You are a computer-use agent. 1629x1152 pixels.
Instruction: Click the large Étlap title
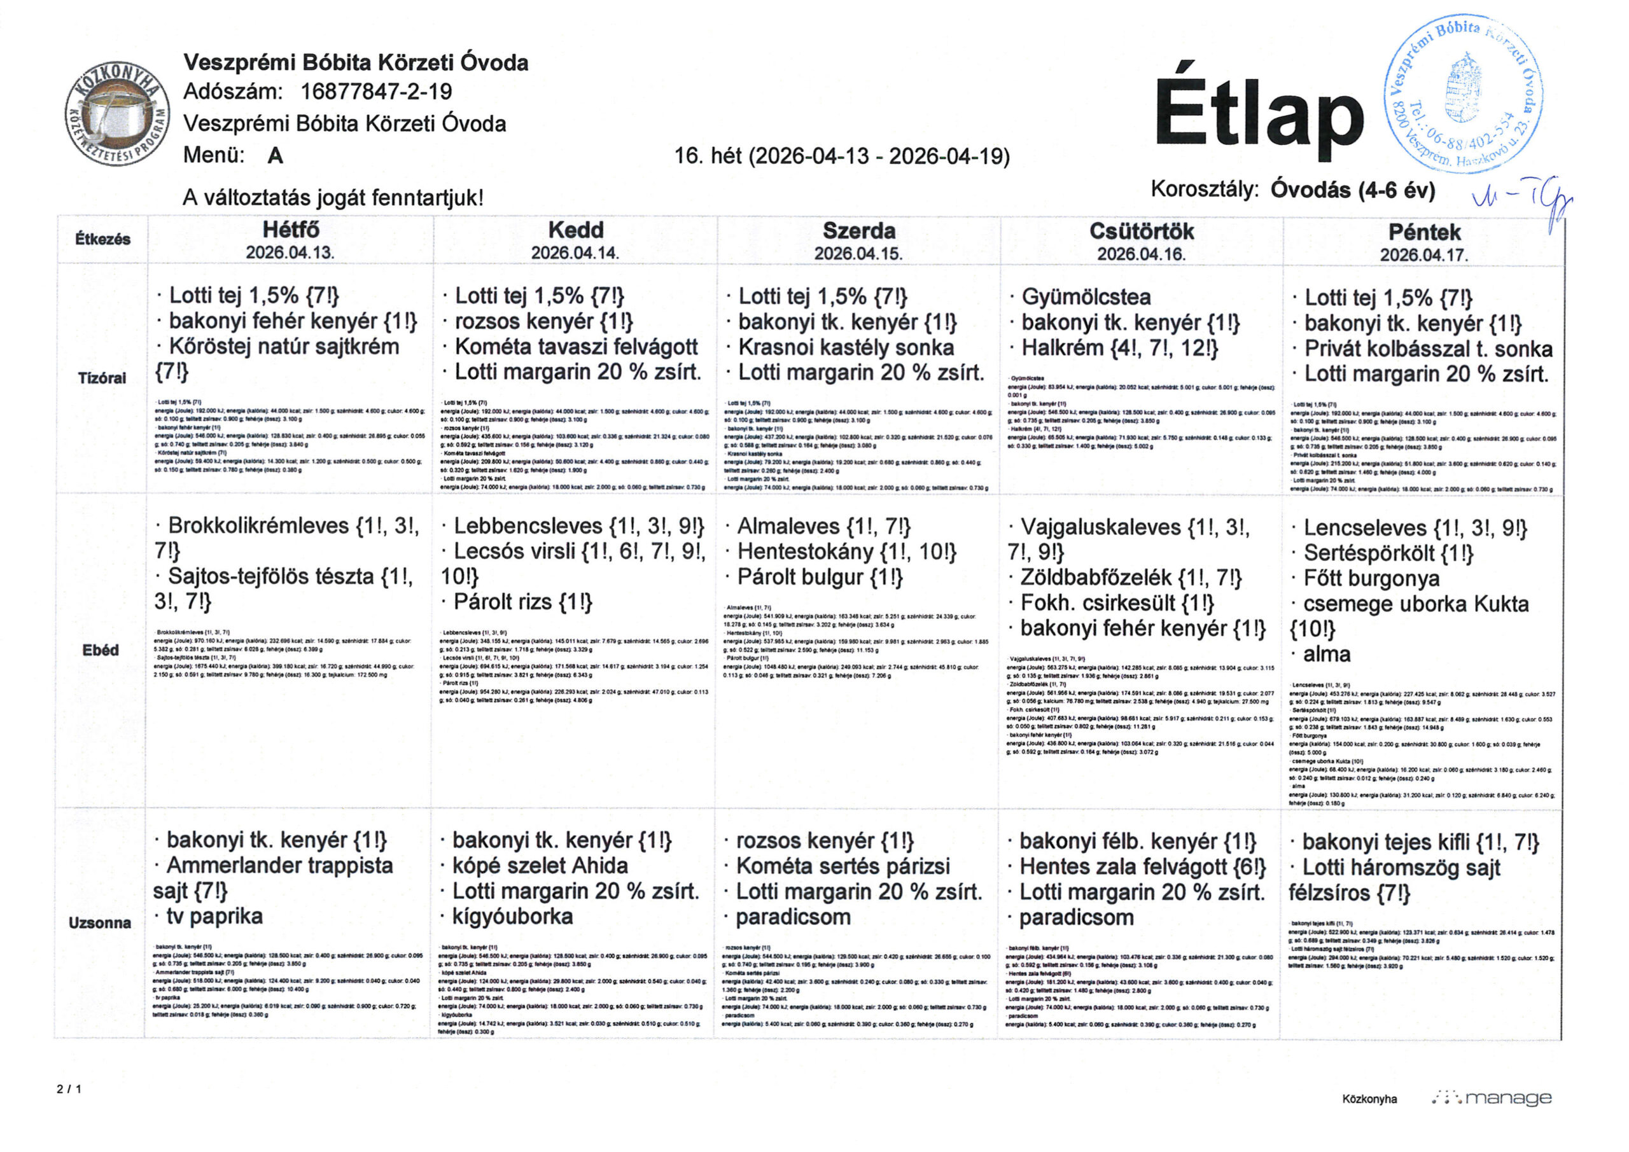coord(1259,113)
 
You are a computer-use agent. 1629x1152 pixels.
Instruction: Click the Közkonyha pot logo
coord(117,113)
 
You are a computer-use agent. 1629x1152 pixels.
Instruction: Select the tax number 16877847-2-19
coord(376,92)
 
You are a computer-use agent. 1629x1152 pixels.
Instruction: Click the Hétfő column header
coord(291,230)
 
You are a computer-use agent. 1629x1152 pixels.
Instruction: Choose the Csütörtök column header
coord(1142,232)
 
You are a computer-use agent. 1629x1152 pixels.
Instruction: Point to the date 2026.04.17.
coord(1423,254)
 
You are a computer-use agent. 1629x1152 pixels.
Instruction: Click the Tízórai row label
coord(102,378)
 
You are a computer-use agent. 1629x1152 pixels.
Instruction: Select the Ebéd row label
coord(101,649)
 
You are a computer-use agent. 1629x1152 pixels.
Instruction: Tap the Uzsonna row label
coord(100,923)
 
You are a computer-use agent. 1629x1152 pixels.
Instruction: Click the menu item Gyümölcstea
coord(1086,297)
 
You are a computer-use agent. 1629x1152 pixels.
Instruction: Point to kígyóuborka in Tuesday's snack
coord(512,917)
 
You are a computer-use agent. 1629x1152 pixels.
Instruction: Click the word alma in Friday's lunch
coord(1327,654)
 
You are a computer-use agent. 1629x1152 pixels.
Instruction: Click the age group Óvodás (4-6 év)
coord(1352,190)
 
